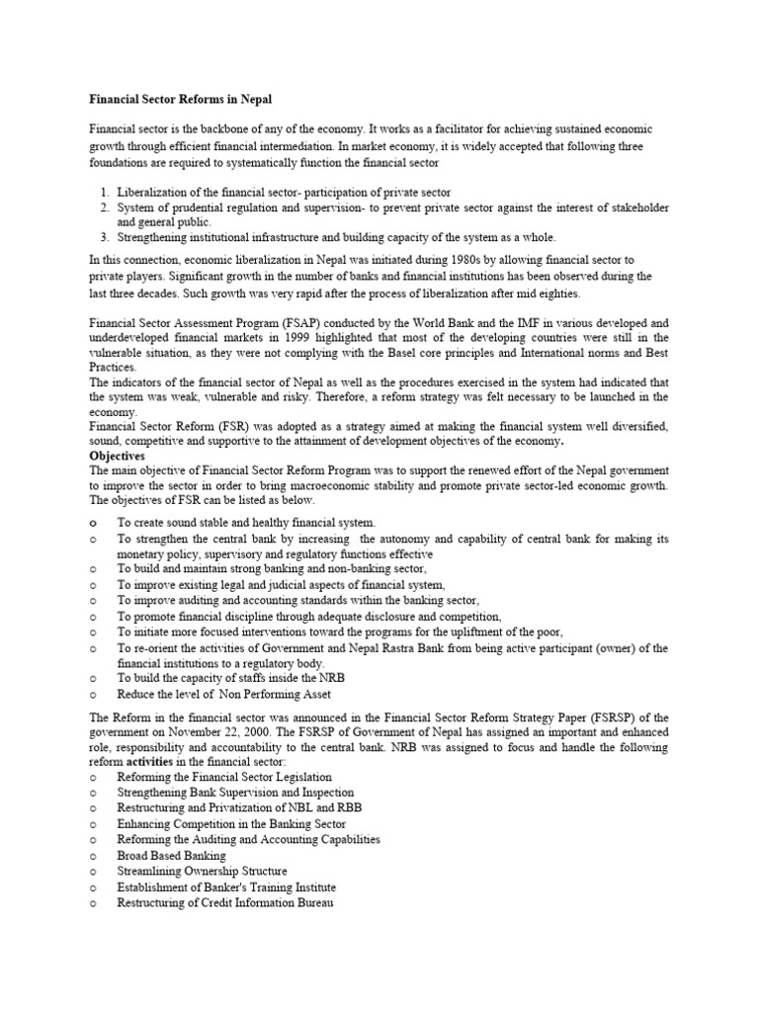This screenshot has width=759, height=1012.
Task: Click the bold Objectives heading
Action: pyautogui.click(x=118, y=457)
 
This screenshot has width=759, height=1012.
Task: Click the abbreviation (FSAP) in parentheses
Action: pyautogui.click(x=293, y=322)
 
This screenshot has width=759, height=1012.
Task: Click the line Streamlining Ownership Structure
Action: pyautogui.click(x=203, y=871)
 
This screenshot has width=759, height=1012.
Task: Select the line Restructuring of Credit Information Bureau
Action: pyautogui.click(x=225, y=902)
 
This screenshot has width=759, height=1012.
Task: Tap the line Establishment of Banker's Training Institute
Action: pyautogui.click(x=226, y=886)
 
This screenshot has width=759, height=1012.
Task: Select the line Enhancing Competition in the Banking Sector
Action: pyautogui.click(x=231, y=823)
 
